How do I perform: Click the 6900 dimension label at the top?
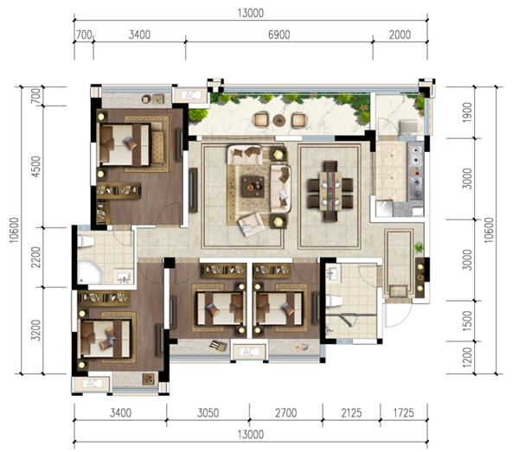[x=279, y=35]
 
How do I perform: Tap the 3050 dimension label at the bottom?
[x=208, y=412]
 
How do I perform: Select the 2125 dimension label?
[x=351, y=412]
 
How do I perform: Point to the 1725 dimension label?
[x=403, y=412]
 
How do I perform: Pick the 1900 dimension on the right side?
[x=467, y=112]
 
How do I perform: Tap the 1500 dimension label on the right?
[x=467, y=321]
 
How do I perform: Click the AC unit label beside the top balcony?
[x=190, y=95]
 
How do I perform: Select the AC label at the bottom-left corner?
[x=92, y=384]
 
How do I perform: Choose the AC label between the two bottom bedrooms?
[x=248, y=352]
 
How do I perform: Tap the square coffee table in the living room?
[x=253, y=187]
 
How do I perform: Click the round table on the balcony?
[x=279, y=120]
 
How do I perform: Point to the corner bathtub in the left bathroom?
[x=90, y=271]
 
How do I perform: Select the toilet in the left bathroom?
[x=86, y=241]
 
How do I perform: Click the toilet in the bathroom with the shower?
[x=334, y=302]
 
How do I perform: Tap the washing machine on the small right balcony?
[x=409, y=128]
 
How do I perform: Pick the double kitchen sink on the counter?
[x=416, y=156]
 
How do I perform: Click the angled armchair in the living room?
[x=252, y=224]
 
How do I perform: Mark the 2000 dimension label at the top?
[x=400, y=35]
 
